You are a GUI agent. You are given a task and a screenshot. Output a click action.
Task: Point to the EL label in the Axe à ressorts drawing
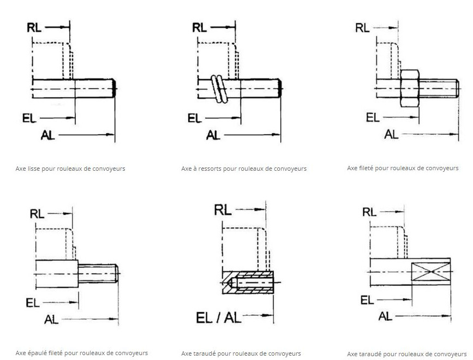(x=195, y=118)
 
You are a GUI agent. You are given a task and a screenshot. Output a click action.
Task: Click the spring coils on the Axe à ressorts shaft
(x=219, y=88)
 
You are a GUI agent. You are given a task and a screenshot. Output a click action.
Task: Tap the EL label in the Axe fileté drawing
(x=373, y=117)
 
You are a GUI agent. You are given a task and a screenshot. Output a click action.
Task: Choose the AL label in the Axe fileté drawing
(x=392, y=134)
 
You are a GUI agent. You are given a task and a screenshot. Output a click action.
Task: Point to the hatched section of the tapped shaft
(x=250, y=283)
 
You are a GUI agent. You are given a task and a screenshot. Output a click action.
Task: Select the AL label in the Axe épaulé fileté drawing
(x=52, y=319)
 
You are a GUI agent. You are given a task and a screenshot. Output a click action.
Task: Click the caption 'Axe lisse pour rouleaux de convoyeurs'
(x=70, y=169)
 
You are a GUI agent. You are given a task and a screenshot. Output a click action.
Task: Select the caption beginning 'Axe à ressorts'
(x=244, y=169)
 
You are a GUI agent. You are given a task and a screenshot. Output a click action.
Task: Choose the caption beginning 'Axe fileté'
(x=403, y=168)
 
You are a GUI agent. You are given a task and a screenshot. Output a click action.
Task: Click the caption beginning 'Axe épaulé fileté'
(x=82, y=353)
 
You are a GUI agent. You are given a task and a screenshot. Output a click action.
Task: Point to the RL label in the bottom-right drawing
(x=369, y=212)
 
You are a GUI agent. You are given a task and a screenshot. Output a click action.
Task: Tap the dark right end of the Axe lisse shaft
(x=114, y=87)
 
